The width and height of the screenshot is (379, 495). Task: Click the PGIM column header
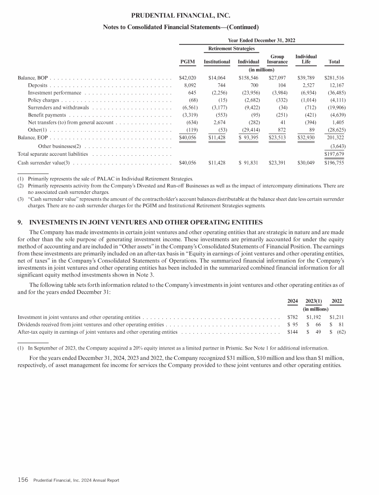pos(188,62)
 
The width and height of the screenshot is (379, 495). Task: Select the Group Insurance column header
pos(277,59)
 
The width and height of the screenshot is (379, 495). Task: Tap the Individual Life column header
pos(305,59)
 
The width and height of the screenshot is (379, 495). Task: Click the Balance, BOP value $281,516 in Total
pos(334,78)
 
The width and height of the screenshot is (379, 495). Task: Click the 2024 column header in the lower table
pos(293,301)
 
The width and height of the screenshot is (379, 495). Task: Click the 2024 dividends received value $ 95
pos(293,325)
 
